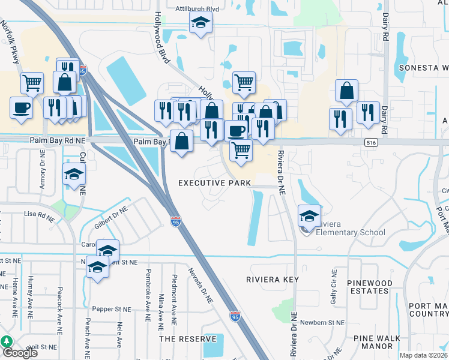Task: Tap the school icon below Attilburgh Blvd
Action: coord(200,24)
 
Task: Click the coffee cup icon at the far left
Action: coord(21,108)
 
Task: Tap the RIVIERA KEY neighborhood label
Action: coord(272,280)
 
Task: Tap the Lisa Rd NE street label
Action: coord(38,214)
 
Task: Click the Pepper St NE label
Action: coord(111,310)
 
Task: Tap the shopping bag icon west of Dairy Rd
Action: coord(346,91)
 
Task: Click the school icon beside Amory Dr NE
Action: coord(74,175)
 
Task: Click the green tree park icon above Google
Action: coord(7,341)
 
